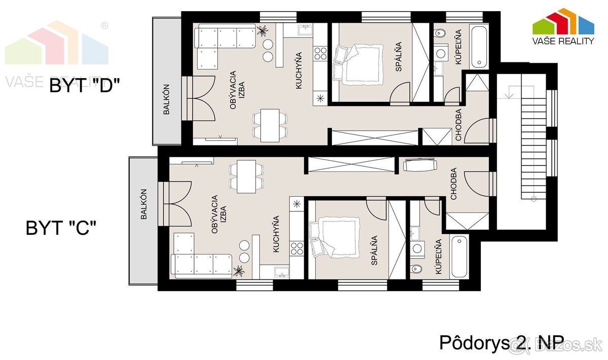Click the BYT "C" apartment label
(61, 228)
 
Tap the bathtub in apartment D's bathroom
(479, 48)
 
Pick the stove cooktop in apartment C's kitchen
(296, 248)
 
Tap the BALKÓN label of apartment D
(167, 99)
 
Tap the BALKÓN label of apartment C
(143, 204)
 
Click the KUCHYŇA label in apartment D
(299, 71)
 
